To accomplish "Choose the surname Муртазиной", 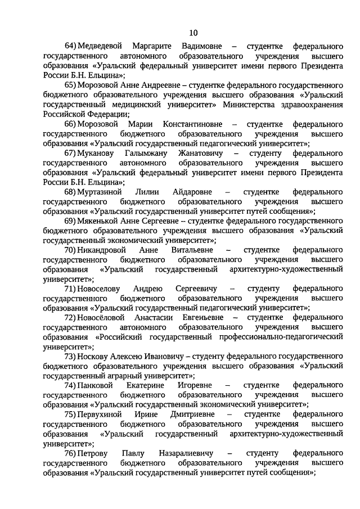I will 102,192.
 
